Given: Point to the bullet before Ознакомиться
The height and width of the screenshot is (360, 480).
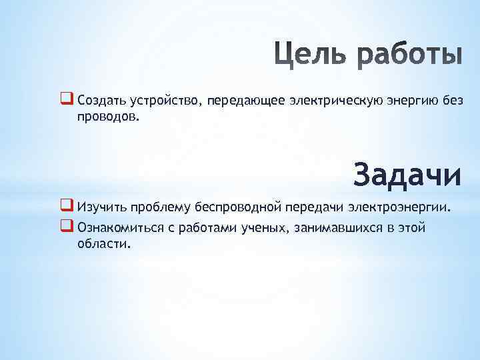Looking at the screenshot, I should pyautogui.click(x=67, y=227).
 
